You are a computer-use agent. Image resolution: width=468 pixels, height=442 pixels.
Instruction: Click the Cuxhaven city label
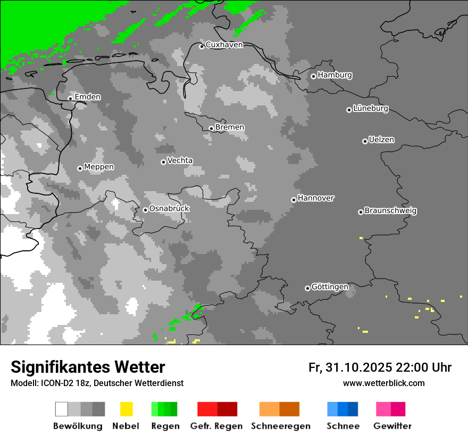pos(224,45)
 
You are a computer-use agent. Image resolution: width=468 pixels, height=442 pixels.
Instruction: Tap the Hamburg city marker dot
pos(313,76)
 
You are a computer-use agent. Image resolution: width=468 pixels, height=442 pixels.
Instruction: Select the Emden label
pos(87,97)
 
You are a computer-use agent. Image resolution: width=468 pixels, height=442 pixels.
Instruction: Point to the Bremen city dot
pos(211,128)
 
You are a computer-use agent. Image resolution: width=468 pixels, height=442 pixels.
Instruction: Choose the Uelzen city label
pos(381,140)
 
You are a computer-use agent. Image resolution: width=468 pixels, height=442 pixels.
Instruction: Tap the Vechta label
pos(180,161)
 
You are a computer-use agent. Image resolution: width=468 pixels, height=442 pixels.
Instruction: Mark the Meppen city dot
pos(80,168)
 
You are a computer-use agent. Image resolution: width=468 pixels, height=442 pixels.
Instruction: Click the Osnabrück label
pos(169,209)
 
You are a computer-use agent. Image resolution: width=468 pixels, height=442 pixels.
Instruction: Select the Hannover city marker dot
pos(294,200)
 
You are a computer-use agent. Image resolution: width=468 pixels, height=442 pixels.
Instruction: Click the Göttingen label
pos(330,287)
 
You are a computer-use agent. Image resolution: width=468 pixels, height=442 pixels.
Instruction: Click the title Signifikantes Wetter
pos(88,367)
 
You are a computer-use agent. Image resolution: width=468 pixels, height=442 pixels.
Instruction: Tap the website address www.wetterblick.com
pos(383,383)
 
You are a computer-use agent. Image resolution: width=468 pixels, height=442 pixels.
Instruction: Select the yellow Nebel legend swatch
pos(126,409)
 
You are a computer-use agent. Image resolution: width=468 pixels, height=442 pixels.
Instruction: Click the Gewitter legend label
pos(392,426)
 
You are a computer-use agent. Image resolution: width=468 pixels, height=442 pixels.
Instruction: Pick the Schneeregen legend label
pos(280,426)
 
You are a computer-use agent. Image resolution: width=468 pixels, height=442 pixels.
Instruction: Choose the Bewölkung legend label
pos(78,426)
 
